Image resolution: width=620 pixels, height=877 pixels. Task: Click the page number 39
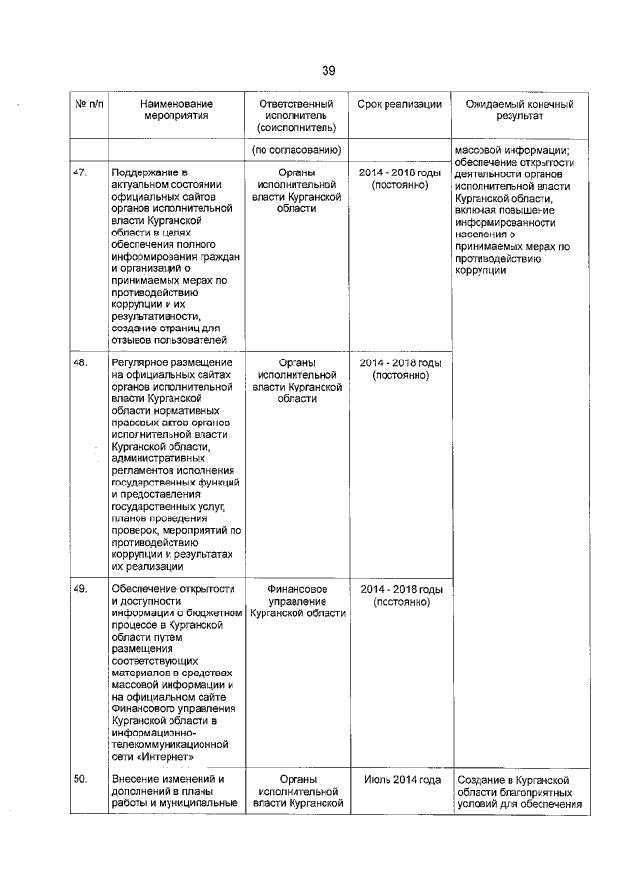[x=328, y=71]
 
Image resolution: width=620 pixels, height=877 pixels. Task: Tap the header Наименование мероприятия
[x=175, y=110]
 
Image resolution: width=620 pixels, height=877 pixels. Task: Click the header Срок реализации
[x=400, y=104]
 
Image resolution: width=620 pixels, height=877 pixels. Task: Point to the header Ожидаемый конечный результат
[x=519, y=110]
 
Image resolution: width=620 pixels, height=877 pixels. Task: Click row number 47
[x=80, y=172]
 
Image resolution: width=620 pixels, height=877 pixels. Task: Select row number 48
[x=80, y=363]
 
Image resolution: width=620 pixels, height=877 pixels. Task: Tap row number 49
[x=80, y=589]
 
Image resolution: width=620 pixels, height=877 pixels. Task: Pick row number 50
[x=80, y=780]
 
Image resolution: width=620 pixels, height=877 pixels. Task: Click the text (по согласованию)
[x=296, y=150]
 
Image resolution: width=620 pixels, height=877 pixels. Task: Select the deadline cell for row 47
[x=400, y=178]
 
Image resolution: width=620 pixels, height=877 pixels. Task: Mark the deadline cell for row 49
[x=400, y=595]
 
